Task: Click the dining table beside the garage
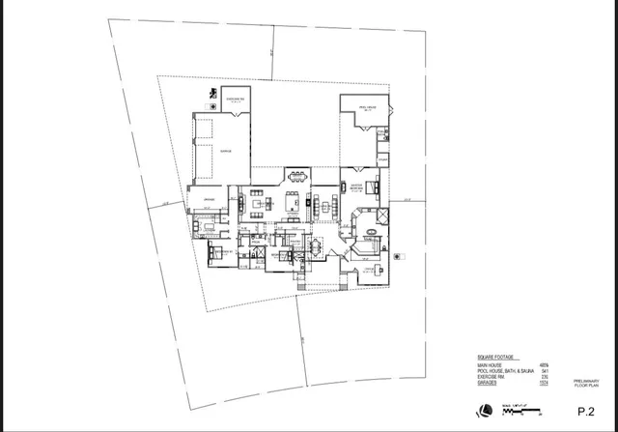[x=296, y=177]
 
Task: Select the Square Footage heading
[x=494, y=356]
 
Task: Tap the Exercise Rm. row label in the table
[x=492, y=378]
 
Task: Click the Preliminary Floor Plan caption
[x=586, y=383]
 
